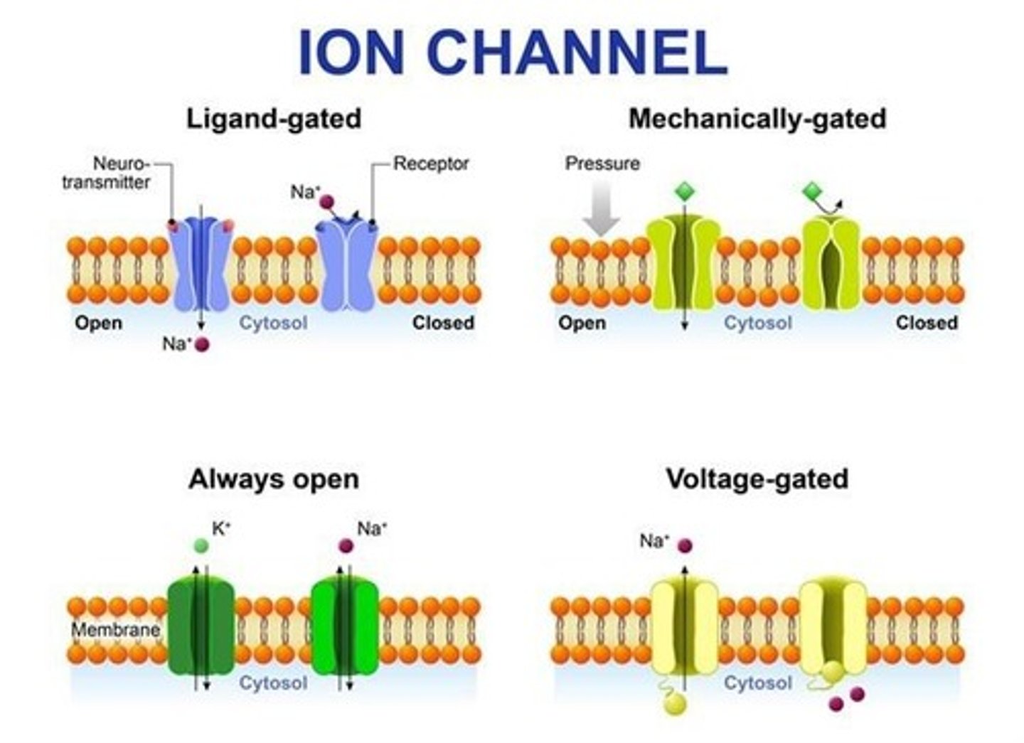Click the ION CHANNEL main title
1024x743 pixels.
pyautogui.click(x=512, y=53)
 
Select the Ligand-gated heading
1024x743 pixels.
pyautogui.click(x=274, y=118)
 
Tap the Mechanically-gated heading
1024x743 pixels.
pyautogui.click(x=757, y=118)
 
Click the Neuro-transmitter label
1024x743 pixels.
pyautogui.click(x=107, y=173)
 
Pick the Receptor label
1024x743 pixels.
pyautogui.click(x=431, y=164)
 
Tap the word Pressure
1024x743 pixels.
pyautogui.click(x=602, y=164)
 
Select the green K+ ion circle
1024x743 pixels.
pyautogui.click(x=201, y=546)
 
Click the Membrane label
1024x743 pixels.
pyautogui.click(x=115, y=629)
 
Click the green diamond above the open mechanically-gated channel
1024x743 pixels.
pyautogui.click(x=683, y=191)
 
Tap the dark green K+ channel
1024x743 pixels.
pyautogui.click(x=201, y=626)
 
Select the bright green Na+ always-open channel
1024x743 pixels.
pyautogui.click(x=346, y=626)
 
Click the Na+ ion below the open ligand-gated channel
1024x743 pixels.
pyautogui.click(x=203, y=345)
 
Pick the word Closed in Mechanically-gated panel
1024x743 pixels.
pyautogui.click(x=926, y=323)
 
